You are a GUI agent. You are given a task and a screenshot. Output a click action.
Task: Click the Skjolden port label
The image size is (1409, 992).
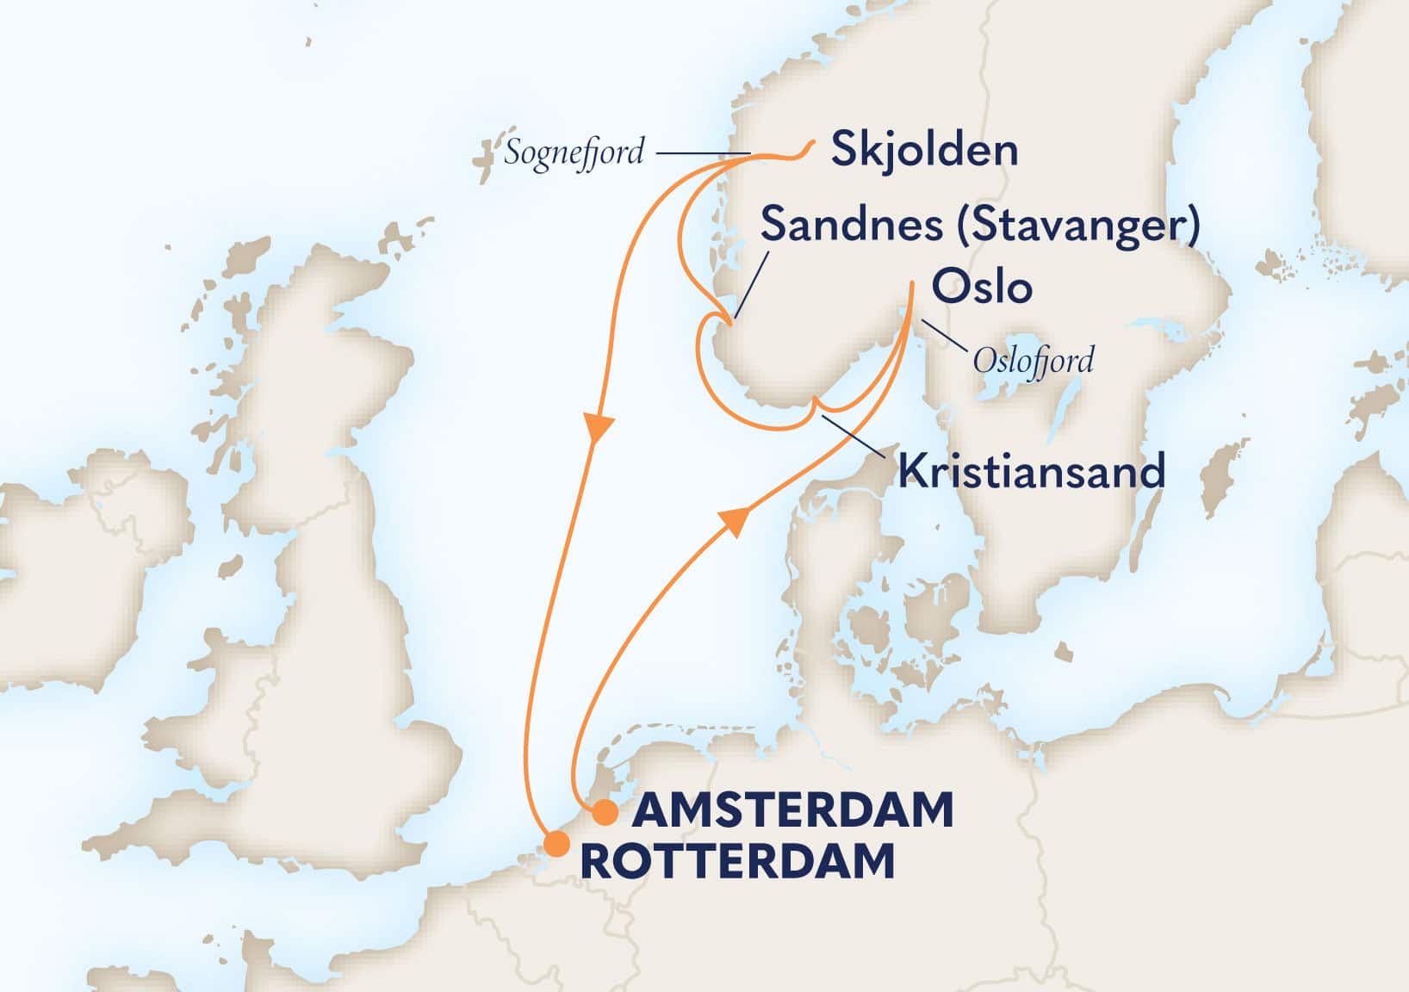[924, 152]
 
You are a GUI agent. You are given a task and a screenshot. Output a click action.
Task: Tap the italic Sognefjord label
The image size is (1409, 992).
[574, 153]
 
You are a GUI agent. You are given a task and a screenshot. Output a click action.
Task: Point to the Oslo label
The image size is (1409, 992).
[982, 288]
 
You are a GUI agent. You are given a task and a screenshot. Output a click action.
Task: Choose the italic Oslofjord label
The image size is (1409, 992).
[1033, 360]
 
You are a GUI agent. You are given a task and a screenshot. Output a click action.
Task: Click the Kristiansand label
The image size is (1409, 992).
[1031, 472]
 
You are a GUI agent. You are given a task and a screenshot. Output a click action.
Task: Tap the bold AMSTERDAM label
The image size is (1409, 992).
[793, 811]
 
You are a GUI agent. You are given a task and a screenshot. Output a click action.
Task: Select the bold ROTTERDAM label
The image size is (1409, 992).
[738, 862]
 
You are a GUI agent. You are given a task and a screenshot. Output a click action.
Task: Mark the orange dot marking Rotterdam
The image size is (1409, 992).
[556, 844]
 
